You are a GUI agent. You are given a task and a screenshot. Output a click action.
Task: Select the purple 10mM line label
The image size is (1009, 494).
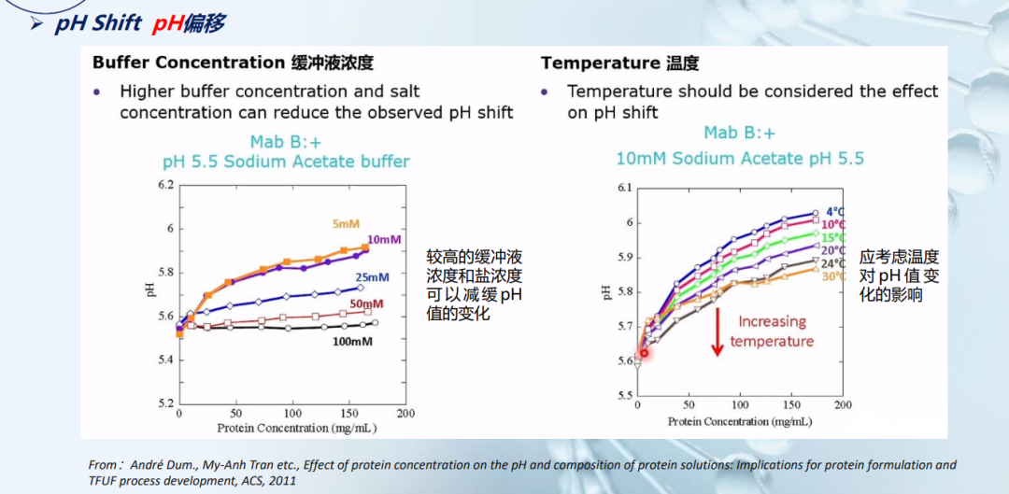(383, 240)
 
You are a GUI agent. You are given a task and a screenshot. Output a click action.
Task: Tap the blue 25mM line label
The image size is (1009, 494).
(371, 277)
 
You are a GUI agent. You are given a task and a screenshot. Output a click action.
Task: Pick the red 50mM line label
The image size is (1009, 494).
(365, 304)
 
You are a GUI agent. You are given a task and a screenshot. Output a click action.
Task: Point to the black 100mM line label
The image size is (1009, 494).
(354, 342)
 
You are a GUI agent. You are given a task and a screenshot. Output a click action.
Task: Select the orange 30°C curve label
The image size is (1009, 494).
(833, 276)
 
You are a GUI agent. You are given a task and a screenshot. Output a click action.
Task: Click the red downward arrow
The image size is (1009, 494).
(718, 332)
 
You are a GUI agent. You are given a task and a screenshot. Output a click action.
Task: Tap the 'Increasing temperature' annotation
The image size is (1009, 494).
(771, 332)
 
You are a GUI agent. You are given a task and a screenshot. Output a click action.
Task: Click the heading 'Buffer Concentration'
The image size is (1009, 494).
(188, 64)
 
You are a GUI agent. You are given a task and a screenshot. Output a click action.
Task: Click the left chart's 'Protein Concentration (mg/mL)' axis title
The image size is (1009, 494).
(285, 428)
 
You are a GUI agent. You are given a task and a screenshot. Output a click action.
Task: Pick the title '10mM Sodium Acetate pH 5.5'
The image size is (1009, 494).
(739, 159)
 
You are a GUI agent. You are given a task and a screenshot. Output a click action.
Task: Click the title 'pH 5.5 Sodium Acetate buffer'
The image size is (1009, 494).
(286, 162)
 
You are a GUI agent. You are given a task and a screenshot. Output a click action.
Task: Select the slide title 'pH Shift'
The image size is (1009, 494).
(98, 23)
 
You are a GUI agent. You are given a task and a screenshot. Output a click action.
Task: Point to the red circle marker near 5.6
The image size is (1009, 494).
(644, 353)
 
